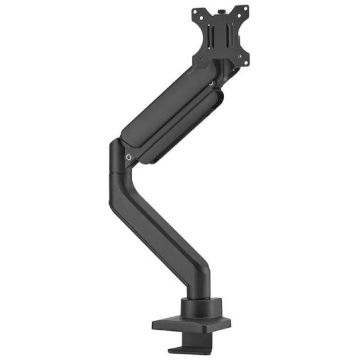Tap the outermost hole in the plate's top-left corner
point(195,12)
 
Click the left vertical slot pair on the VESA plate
point(211,36)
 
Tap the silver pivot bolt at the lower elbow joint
point(130,157)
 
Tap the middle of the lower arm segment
point(157,229)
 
